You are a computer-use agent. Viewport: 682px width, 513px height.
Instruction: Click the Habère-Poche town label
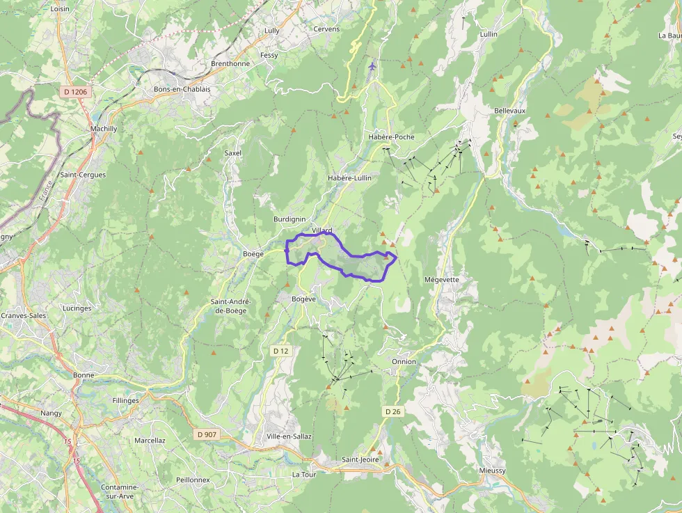[x=391, y=137]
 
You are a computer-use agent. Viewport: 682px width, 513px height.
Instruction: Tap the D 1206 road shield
[x=75, y=91]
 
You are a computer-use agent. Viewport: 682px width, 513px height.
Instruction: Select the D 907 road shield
[x=207, y=435]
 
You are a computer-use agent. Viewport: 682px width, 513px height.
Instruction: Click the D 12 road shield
[x=280, y=351]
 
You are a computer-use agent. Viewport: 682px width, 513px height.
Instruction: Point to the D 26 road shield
[x=393, y=412]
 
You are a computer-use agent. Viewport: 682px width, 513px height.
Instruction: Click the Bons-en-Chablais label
[x=182, y=89]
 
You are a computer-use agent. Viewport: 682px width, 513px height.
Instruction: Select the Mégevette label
[x=441, y=280]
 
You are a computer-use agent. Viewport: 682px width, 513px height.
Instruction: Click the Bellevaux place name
[x=509, y=111]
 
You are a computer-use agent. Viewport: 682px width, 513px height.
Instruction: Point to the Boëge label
[x=253, y=254]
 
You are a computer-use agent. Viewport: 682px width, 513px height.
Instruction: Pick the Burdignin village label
[x=290, y=219]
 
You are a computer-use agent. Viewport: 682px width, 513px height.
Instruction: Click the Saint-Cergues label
[x=83, y=175]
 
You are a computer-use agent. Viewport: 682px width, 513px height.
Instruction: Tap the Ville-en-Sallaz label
[x=289, y=436]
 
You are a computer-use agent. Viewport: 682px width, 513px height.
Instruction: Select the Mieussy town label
[x=493, y=471]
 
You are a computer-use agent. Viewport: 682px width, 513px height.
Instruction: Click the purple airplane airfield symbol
[x=372, y=66]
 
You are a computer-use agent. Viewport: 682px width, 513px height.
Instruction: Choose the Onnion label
[x=404, y=362]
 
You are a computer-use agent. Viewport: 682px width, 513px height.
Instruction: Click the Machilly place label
[x=104, y=129]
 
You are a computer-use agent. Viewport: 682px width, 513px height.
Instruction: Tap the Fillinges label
[x=125, y=400]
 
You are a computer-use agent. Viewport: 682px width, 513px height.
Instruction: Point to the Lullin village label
[x=489, y=34]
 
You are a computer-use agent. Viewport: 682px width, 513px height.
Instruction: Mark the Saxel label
[x=232, y=153]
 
